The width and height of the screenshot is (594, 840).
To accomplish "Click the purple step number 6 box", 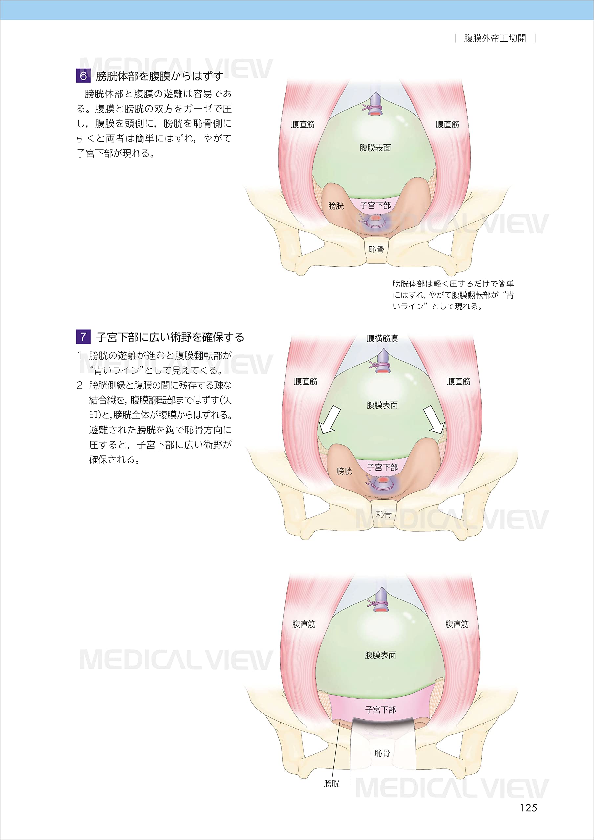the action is (83, 76).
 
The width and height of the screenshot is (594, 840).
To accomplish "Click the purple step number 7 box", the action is (83, 337).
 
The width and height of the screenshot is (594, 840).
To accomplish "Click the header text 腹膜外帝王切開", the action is (495, 38).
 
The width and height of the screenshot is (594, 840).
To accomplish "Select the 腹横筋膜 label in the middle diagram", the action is (382, 338).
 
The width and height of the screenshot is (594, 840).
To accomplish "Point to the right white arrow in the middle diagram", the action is (435, 420).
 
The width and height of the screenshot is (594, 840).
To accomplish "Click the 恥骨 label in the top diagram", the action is (376, 250).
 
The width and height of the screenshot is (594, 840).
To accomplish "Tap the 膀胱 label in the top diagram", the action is (336, 206).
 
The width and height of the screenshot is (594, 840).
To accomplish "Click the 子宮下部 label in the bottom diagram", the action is (380, 710).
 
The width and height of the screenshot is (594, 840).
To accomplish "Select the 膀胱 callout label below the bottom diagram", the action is (331, 784).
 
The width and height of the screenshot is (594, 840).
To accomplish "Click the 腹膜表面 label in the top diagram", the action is (375, 148).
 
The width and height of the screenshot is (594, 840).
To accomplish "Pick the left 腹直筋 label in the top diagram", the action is (303, 124).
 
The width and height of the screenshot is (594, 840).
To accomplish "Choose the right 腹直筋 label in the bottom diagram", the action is (457, 624).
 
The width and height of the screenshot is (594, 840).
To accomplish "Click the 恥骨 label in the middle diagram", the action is (384, 514).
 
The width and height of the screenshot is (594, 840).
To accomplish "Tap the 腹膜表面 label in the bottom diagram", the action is (380, 655).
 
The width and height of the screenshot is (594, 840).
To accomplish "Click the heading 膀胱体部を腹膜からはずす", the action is (159, 76).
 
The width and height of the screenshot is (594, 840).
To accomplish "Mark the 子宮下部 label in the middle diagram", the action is (382, 467).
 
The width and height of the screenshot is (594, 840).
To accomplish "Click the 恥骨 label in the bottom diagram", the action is (382, 753).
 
